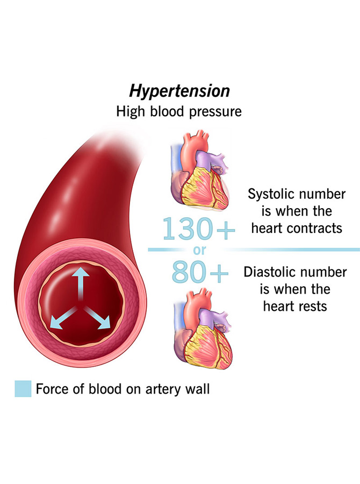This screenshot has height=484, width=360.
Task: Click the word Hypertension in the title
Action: pyautogui.click(x=179, y=91)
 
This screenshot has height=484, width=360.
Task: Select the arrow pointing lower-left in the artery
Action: pyautogui.click(x=62, y=317)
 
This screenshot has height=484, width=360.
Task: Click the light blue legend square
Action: pyautogui.click(x=23, y=388)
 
